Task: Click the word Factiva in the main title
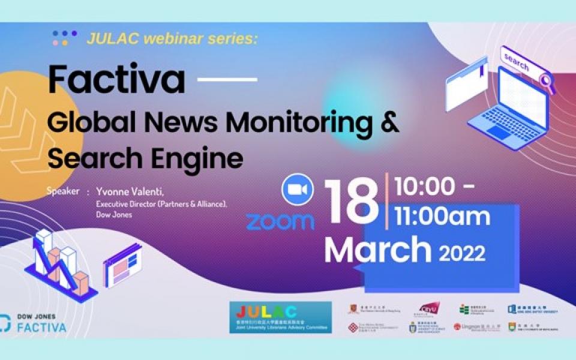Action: [x=116, y=79]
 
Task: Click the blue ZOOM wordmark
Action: [x=280, y=221]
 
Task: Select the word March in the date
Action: [x=377, y=250]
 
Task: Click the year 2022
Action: [x=461, y=254]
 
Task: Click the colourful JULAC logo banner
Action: [x=281, y=317]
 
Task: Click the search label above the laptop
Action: [x=517, y=62]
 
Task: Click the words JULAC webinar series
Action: [x=172, y=39]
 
